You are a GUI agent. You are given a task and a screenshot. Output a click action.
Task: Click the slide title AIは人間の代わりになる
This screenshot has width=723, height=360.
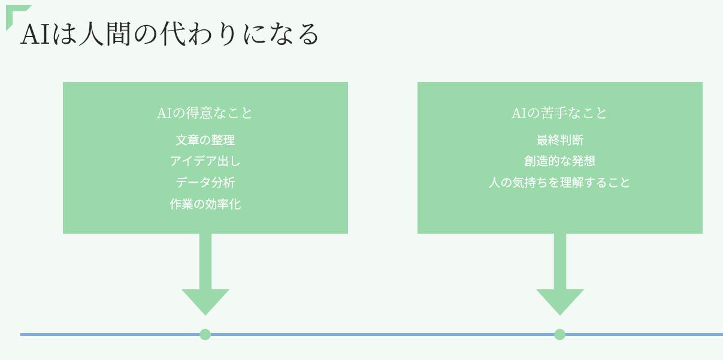pyautogui.click(x=170, y=35)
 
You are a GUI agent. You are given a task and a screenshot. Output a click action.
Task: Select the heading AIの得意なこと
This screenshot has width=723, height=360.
pyautogui.click(x=205, y=113)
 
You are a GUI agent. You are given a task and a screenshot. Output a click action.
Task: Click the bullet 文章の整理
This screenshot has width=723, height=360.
pyautogui.click(x=205, y=140)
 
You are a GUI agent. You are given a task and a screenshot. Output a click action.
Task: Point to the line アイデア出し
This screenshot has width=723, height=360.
pyautogui.click(x=205, y=161)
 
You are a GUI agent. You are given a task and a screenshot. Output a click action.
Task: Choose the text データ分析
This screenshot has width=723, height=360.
pyautogui.click(x=205, y=183)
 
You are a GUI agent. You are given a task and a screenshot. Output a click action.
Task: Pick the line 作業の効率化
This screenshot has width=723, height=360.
pyautogui.click(x=205, y=204)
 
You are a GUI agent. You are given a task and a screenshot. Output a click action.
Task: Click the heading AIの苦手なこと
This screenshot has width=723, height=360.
pyautogui.click(x=559, y=113)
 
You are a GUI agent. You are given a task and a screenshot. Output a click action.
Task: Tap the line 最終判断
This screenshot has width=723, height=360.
pyautogui.click(x=559, y=140)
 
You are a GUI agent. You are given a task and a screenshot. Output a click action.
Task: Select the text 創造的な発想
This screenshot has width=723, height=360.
pyautogui.click(x=559, y=161)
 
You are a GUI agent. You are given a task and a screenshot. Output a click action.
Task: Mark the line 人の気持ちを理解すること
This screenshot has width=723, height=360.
pyautogui.click(x=559, y=183)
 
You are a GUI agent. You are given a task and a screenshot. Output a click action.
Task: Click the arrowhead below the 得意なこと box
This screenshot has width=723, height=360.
pyautogui.click(x=205, y=301)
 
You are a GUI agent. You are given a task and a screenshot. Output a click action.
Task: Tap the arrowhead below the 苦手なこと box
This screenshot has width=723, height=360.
pyautogui.click(x=560, y=301)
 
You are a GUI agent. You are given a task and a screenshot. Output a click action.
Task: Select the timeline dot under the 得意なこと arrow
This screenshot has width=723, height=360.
pyautogui.click(x=205, y=334)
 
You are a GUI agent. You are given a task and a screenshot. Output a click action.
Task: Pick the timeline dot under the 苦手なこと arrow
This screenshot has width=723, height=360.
pyautogui.click(x=560, y=334)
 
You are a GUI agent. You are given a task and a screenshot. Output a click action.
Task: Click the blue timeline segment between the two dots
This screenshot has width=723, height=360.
pyautogui.click(x=382, y=334)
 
